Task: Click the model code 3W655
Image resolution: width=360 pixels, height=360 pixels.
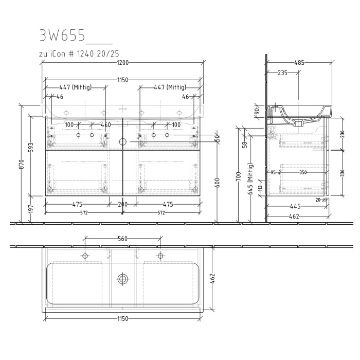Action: click(59, 35)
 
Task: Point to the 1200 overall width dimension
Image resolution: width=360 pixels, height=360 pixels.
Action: click(122, 63)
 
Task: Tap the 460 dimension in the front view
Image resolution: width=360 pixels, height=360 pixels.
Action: click(105, 125)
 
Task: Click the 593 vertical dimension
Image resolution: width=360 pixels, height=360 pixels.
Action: click(30, 148)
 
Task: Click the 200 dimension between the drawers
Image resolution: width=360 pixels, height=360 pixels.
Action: click(122, 204)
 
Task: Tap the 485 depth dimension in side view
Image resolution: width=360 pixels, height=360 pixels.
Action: click(299, 63)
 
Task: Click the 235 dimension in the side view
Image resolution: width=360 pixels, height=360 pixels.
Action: click(282, 73)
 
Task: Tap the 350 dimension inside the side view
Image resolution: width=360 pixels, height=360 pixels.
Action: click(303, 172)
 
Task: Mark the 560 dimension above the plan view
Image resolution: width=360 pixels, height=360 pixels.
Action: click(122, 239)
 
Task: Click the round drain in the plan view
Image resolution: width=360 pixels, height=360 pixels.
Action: click(122, 279)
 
